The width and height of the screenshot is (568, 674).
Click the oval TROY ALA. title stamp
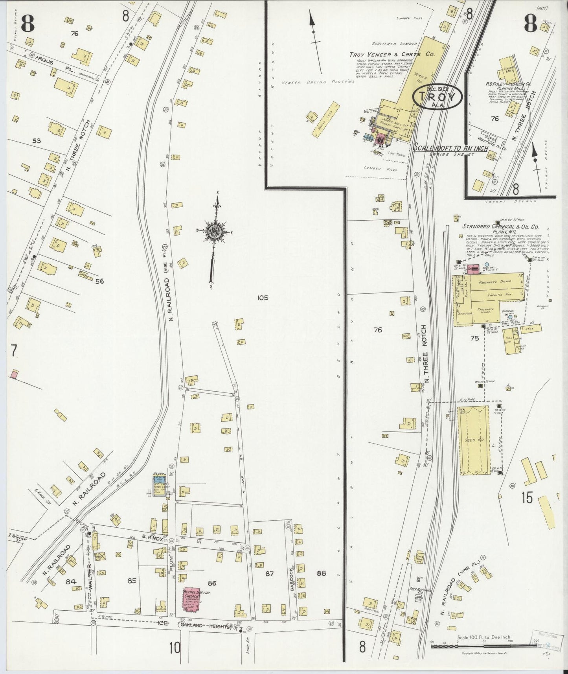coord(437,96)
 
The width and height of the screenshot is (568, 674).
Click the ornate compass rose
coord(215,231)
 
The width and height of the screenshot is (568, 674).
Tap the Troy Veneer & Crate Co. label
coord(392,54)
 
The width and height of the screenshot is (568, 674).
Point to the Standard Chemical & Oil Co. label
coord(500,229)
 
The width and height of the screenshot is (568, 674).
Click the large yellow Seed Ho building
coord(474,440)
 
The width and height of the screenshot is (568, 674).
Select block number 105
coord(263,298)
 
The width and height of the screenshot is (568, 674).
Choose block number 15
coord(527,497)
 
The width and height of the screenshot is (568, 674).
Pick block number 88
coord(321,573)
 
